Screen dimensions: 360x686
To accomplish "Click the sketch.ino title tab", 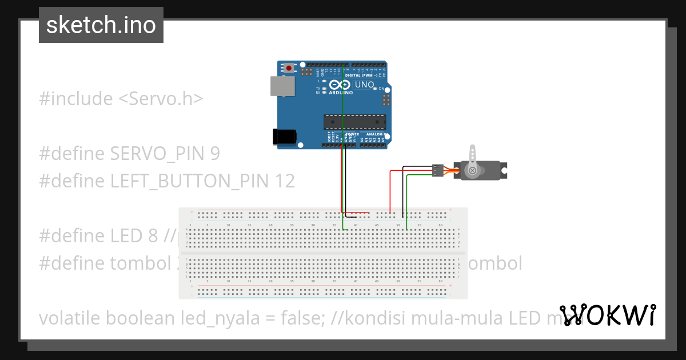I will (101, 25).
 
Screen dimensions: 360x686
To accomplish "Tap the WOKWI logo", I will (608, 315).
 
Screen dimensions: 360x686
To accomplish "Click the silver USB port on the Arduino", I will (282, 86).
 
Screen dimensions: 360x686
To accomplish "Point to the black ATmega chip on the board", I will (354, 121).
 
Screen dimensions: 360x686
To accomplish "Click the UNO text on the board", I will (365, 85).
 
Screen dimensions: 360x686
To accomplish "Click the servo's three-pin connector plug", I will (437, 170).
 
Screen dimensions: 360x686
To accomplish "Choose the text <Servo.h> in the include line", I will (161, 99).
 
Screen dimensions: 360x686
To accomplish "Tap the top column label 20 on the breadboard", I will (270, 226).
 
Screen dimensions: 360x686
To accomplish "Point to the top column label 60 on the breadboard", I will (440, 226).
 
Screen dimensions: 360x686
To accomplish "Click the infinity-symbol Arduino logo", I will (340, 84).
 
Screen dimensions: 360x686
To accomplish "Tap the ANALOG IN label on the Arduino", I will (377, 134).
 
